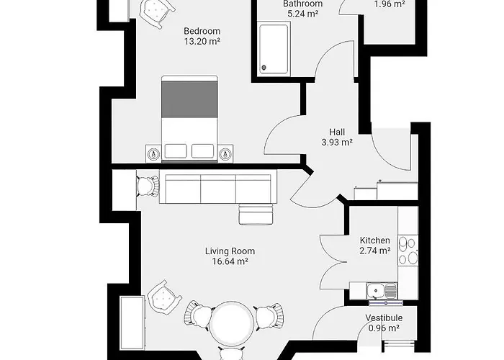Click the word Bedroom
[202, 31]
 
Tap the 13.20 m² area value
[202, 42]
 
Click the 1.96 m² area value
[390, 4]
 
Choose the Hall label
[337, 132]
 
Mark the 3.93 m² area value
[337, 143]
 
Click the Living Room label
[230, 251]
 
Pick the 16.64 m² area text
[230, 262]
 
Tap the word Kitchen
[374, 240]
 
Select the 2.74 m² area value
[374, 251]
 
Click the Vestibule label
[384, 318]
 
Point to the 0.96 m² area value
[384, 328]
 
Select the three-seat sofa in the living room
[218, 189]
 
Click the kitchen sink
[376, 291]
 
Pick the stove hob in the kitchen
[408, 252]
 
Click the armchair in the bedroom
[156, 12]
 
